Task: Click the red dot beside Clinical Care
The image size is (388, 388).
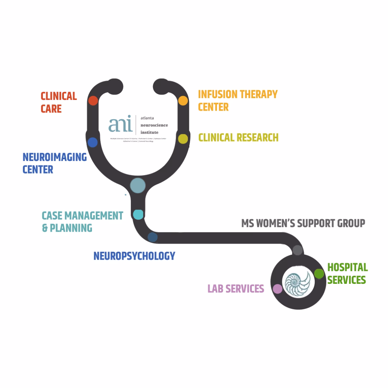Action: pos(93,101)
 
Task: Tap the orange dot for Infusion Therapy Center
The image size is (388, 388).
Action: pos(183,101)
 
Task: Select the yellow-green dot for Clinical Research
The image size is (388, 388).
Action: pos(183,139)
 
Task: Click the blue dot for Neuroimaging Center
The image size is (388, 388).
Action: pos(93,142)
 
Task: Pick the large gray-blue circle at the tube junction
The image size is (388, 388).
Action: pos(138,186)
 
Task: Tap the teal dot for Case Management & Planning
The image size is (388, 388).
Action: pos(138,214)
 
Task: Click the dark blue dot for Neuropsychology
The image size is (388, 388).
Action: pos(153,237)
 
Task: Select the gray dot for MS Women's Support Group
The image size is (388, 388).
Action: pos(297,250)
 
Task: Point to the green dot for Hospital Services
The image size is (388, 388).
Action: pos(319,274)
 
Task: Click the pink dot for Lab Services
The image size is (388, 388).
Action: pos(277,289)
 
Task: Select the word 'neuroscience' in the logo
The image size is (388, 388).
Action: pos(154,125)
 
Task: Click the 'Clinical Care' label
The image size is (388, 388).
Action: pos(59,102)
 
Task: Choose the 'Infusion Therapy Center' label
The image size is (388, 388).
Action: pos(237,101)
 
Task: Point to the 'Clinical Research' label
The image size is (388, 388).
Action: pos(238,138)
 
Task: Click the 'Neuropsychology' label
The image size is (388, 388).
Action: pos(134,256)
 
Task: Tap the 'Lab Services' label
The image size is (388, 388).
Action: pos(236,289)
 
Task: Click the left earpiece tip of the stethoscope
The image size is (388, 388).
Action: pos(115,86)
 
